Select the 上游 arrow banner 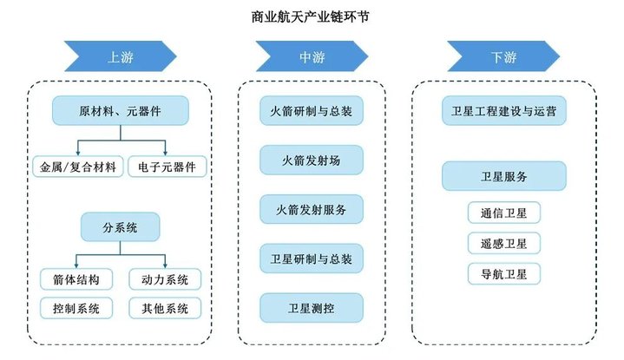point(120,57)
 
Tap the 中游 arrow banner point(312,57)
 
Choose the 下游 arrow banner point(503,57)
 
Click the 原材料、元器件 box point(120,111)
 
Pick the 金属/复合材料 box point(76,165)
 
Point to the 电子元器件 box point(167,165)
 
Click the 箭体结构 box point(76,279)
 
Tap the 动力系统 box point(165,279)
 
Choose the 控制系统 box point(76,307)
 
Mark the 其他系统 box point(165,307)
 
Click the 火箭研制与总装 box point(312,111)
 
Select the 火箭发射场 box point(312,160)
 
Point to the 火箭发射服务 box point(312,209)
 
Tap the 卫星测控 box point(312,307)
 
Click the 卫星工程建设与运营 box point(504,111)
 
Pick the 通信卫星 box point(503,212)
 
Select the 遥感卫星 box point(503,244)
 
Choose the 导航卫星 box point(503,275)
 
